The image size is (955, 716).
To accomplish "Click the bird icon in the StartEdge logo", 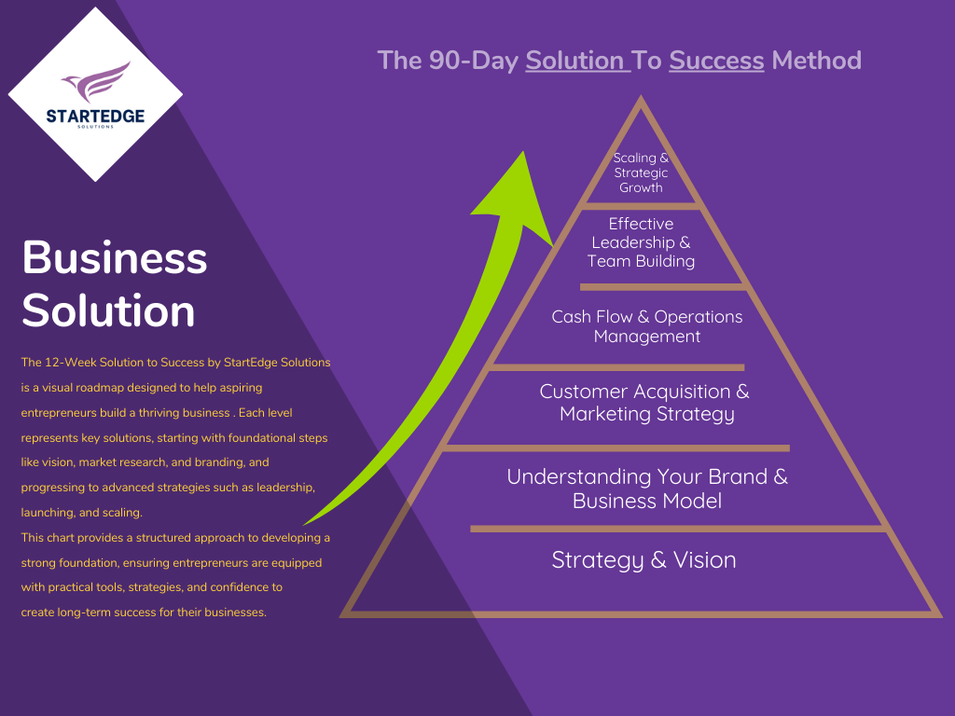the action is (97, 81).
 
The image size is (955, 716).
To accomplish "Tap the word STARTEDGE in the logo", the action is (95, 116).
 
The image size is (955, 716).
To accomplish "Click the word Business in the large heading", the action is (114, 257).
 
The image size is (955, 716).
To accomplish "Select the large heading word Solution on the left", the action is (108, 310).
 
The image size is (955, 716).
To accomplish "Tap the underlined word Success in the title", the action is (716, 62).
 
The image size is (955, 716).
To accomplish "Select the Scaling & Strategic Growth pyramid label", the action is (641, 172).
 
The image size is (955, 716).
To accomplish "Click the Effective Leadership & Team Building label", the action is (641, 242).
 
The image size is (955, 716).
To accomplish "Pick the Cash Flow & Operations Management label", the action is (647, 326).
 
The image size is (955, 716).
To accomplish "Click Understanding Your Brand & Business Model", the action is (647, 489).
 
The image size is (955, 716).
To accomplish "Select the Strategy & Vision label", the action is (644, 560).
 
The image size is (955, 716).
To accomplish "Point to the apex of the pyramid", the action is (641, 101).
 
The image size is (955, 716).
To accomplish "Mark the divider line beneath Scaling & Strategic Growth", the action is (641, 205).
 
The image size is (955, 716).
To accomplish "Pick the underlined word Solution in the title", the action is (575, 62).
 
